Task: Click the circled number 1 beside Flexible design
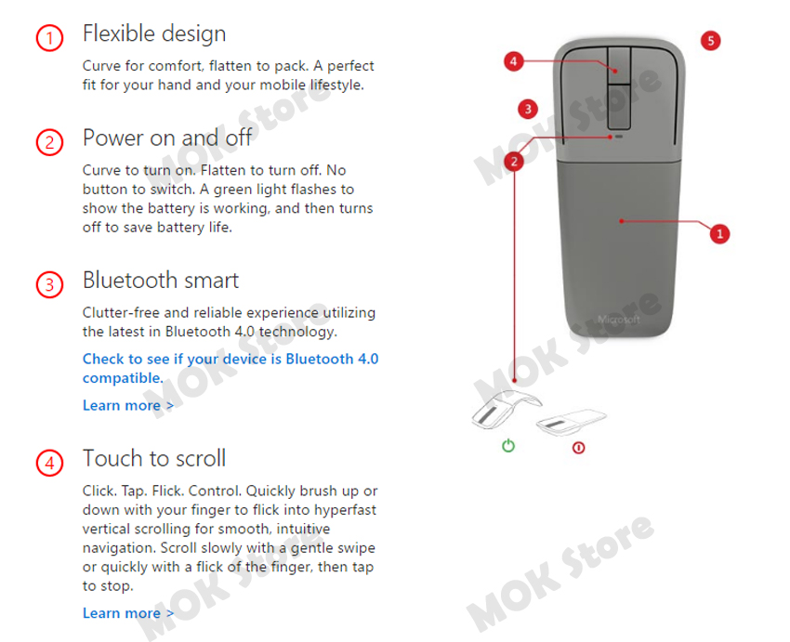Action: [49, 38]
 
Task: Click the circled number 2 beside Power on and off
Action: [49, 142]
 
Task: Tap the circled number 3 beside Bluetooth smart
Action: [49, 284]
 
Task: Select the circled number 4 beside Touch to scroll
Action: [49, 463]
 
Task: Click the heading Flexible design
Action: [154, 33]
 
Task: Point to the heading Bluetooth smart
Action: [160, 280]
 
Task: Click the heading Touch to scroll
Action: [154, 458]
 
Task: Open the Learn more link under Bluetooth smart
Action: [127, 405]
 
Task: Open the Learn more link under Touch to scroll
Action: [127, 613]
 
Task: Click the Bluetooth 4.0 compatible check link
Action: [230, 368]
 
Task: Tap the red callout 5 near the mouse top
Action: [710, 41]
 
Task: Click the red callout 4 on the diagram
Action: [515, 61]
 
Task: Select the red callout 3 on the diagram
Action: [528, 109]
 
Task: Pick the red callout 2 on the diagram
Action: [515, 161]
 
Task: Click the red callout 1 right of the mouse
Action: [718, 233]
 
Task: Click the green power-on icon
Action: [508, 446]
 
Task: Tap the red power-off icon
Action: [578, 447]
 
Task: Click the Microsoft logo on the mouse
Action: [619, 319]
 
